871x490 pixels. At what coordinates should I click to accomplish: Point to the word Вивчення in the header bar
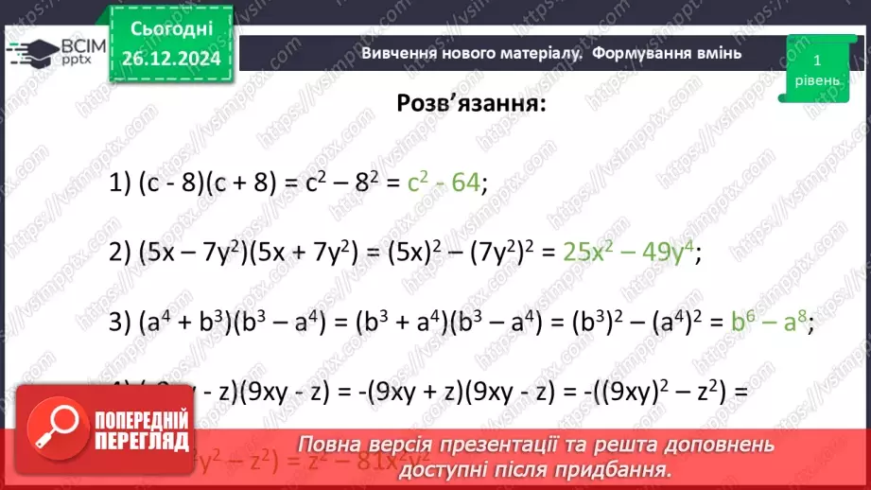click(399, 53)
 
